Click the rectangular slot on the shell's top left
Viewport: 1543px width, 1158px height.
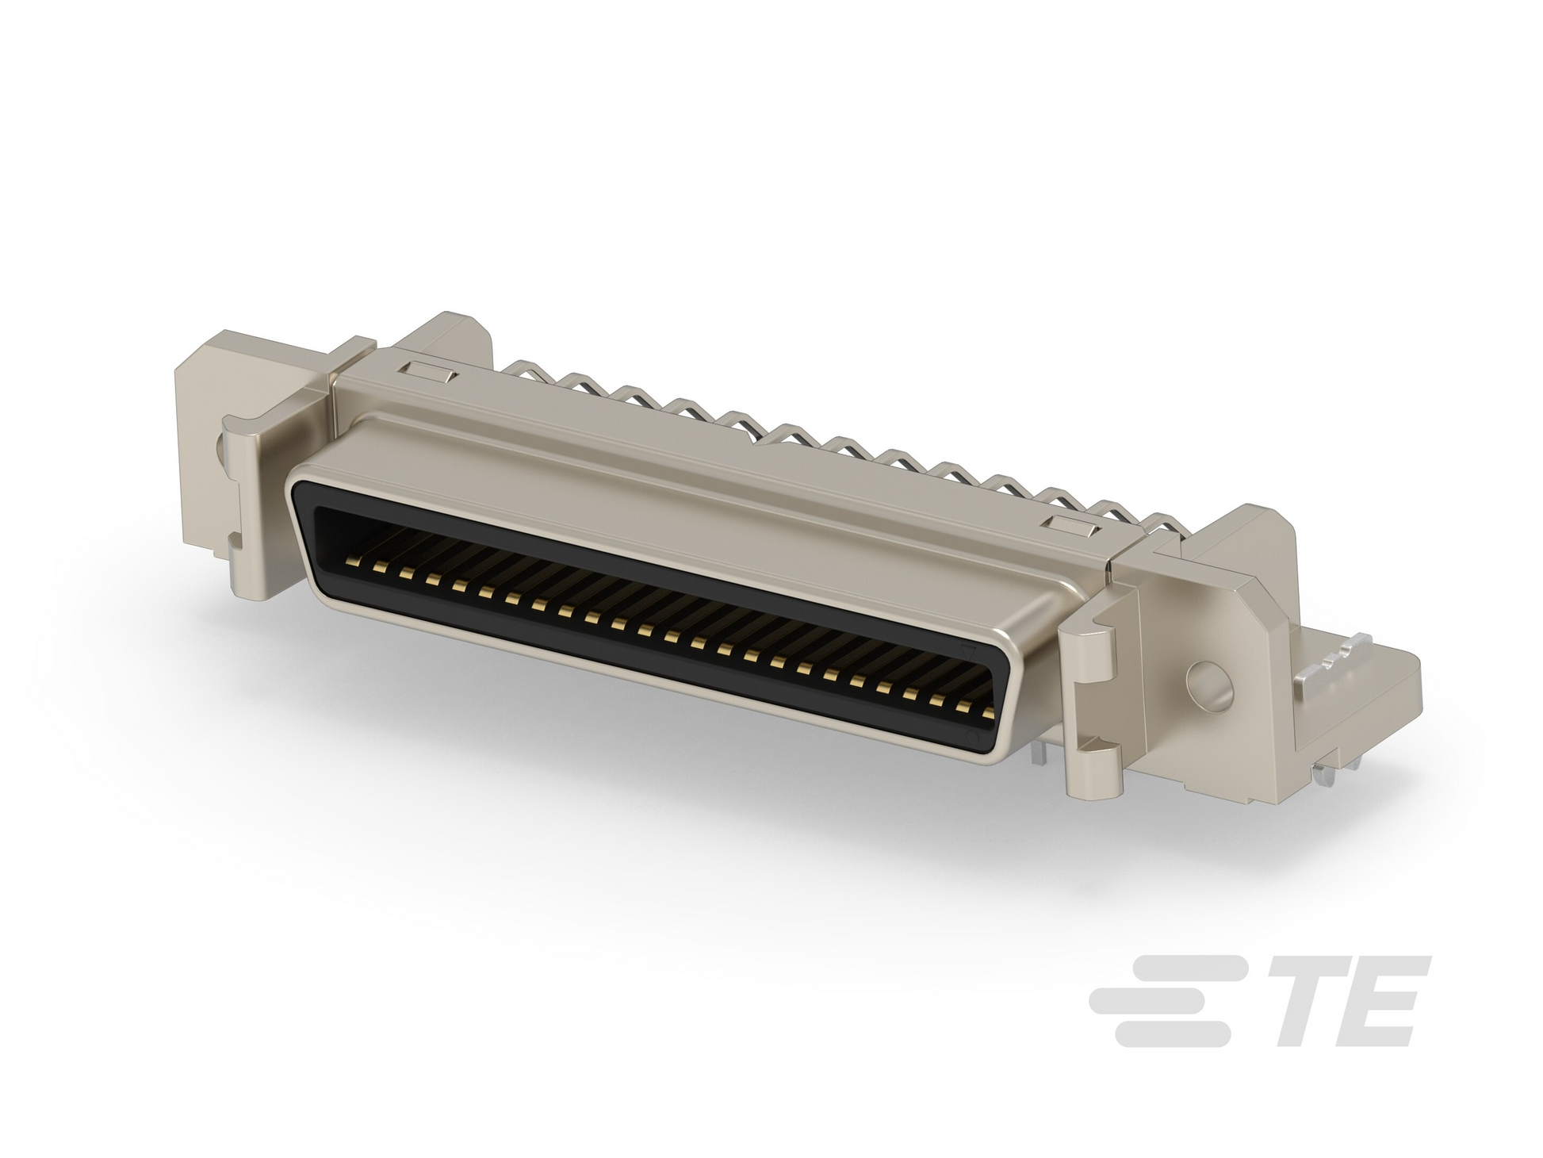click(428, 370)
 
